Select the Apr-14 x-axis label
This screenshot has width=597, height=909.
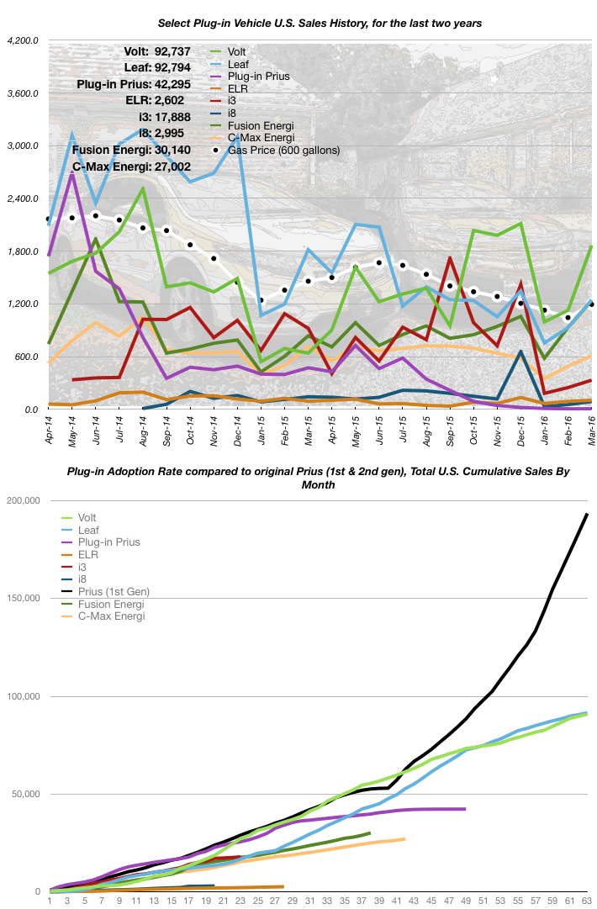(50, 430)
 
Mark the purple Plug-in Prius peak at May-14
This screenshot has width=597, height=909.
(73, 174)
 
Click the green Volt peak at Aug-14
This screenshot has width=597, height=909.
(143, 188)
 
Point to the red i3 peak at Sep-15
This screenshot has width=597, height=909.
(450, 258)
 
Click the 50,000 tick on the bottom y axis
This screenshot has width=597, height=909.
(28, 794)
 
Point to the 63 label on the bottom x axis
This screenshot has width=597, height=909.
(586, 901)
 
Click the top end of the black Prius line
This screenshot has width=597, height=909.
(587, 514)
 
